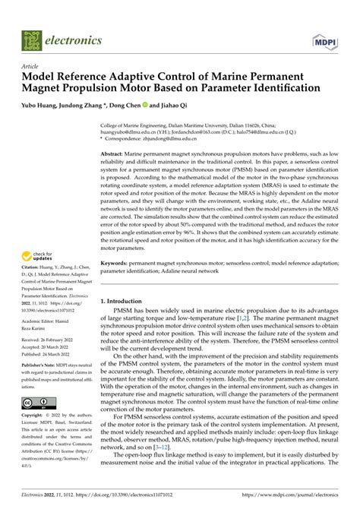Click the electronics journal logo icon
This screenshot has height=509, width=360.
[x=31, y=40]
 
